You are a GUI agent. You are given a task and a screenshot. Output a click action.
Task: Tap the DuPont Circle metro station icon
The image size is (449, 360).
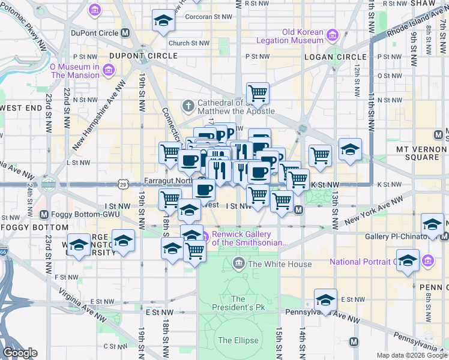tap(125, 34)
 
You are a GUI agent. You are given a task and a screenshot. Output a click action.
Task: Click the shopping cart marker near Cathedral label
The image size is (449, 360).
tap(258, 93)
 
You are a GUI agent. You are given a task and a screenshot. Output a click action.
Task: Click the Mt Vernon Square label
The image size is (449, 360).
tap(422, 152)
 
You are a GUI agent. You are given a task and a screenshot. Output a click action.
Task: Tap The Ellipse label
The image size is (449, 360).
tap(238, 340)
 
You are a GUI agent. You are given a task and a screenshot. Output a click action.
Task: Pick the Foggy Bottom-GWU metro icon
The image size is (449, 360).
tap(44, 214)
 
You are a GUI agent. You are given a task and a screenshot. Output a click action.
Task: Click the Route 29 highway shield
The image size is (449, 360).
tap(122, 182)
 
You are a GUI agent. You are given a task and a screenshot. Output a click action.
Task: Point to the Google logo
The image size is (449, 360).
tap(19, 353)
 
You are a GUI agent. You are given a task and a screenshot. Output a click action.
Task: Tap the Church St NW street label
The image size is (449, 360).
tap(189, 43)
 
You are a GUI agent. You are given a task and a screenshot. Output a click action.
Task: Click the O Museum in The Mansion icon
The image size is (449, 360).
tap(108, 71)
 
